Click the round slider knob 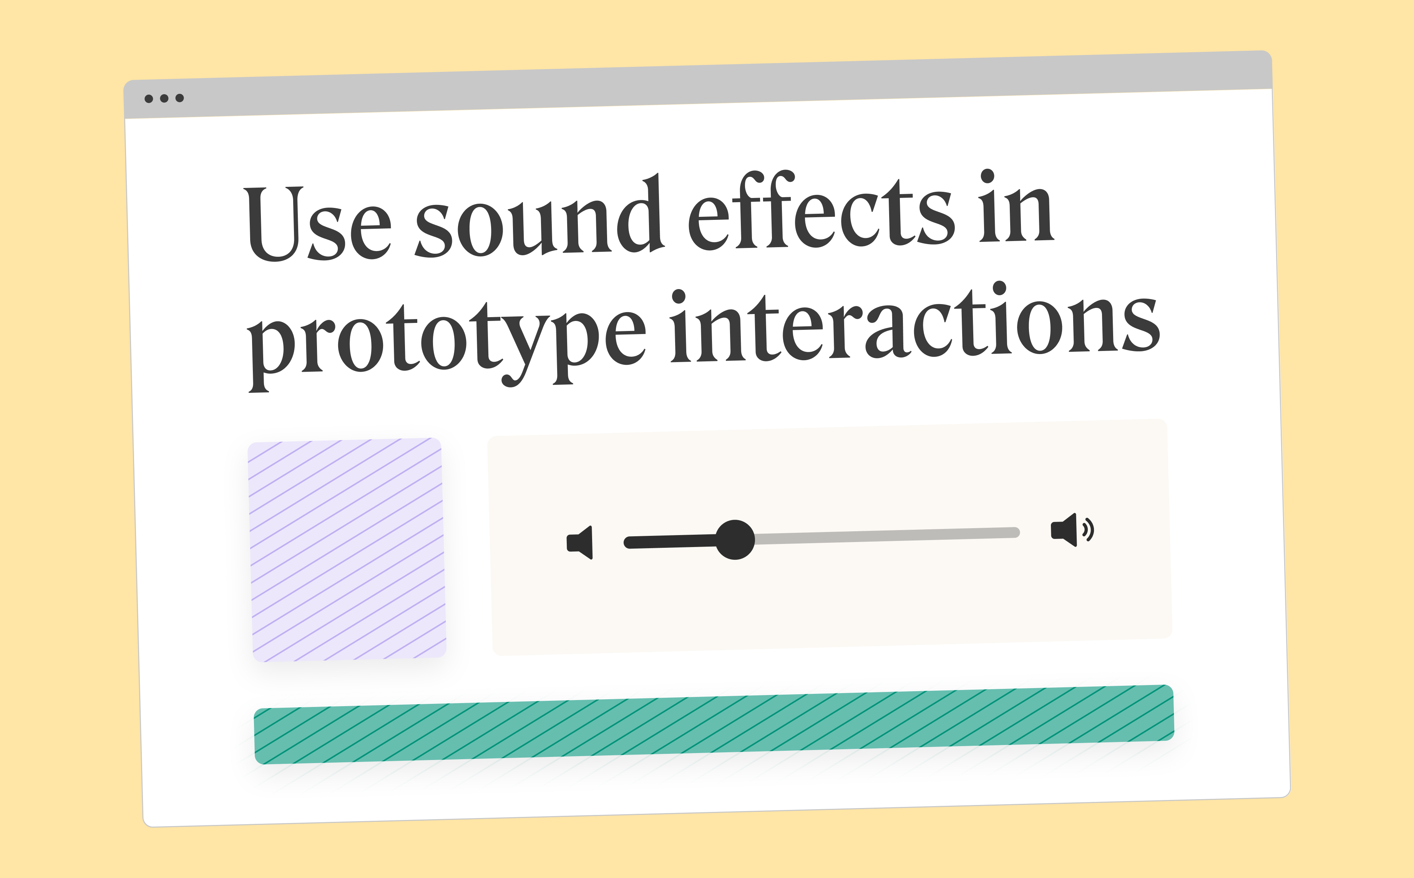pyautogui.click(x=735, y=539)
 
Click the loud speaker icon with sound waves pyautogui.click(x=1071, y=530)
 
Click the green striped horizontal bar pyautogui.click(x=714, y=725)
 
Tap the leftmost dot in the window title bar pyautogui.click(x=149, y=99)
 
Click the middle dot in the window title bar pyautogui.click(x=164, y=98)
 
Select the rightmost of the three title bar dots pyautogui.click(x=179, y=98)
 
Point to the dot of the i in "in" pyautogui.click(x=987, y=176)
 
